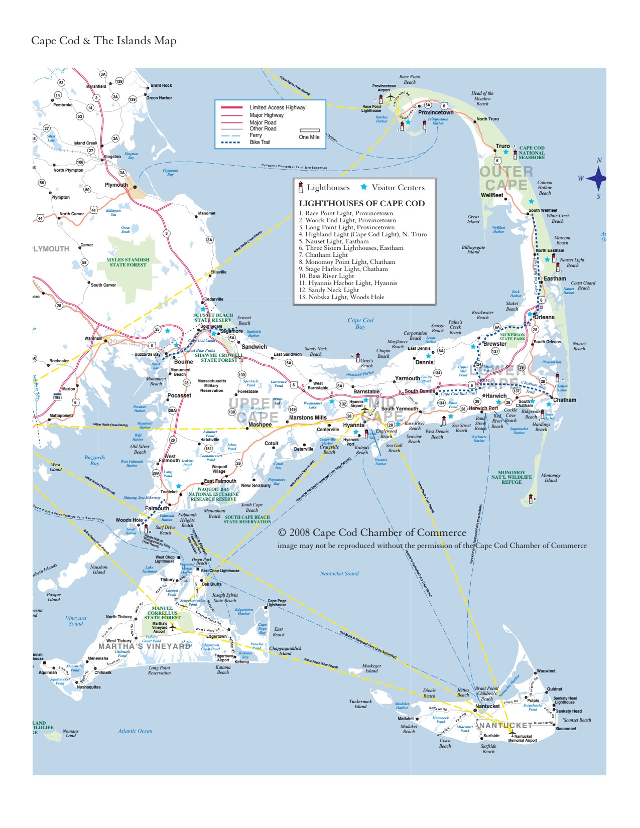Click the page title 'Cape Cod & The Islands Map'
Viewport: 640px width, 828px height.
(104, 41)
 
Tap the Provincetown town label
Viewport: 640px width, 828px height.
(436, 112)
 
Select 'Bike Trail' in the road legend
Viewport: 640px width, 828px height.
(260, 142)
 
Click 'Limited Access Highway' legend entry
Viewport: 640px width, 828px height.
(277, 107)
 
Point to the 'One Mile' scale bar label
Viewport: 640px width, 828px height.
(309, 137)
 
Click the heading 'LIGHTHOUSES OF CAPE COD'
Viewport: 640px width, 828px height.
(362, 203)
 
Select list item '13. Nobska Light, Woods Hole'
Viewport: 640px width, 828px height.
(341, 297)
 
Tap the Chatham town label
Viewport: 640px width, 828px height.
(565, 400)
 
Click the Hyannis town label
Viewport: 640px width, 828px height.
(353, 425)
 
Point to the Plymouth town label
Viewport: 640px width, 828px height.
(116, 185)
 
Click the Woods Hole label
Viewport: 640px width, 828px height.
(129, 520)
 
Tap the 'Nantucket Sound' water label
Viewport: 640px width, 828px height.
(339, 574)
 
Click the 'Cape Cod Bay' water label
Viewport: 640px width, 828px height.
(360, 323)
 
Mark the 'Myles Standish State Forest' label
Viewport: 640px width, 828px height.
(128, 262)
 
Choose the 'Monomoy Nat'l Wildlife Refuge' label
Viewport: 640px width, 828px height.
(511, 477)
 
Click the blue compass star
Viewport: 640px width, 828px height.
(597, 178)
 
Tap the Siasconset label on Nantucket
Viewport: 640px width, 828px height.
(566, 729)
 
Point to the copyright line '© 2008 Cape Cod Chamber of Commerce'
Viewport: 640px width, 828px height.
(372, 532)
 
